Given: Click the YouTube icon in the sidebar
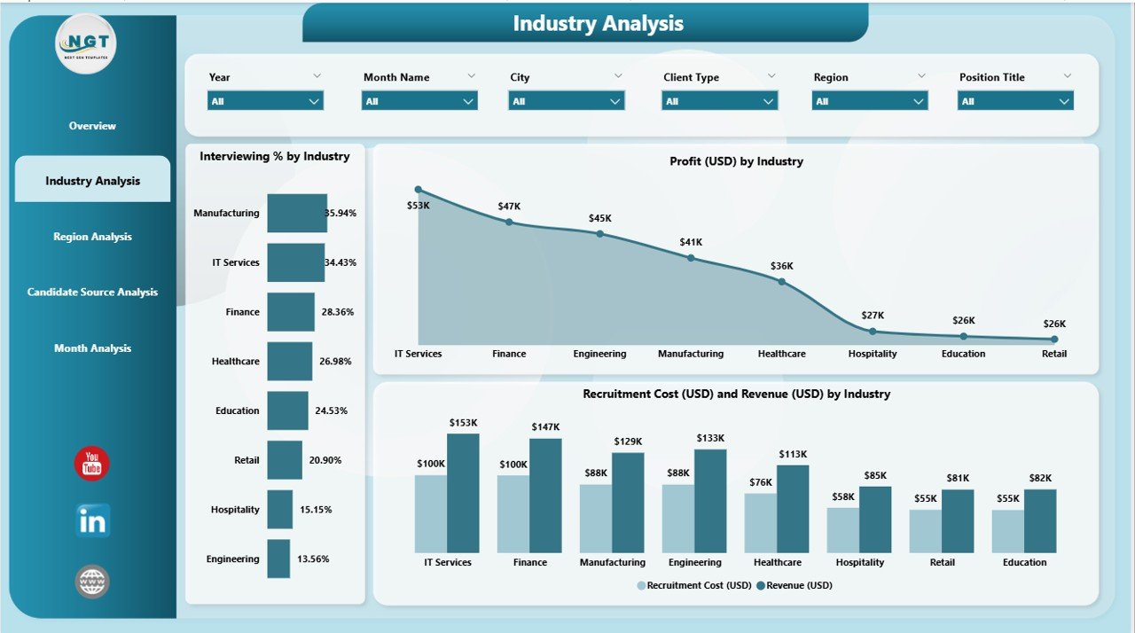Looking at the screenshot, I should (91, 464).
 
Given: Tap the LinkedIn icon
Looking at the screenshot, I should (92, 521).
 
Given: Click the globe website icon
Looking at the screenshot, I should (92, 582).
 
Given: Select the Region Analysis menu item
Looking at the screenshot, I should (92, 237).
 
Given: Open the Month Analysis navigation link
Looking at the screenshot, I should (92, 348).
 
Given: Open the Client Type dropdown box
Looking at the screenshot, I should (719, 101).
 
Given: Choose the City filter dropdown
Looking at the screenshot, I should (566, 101).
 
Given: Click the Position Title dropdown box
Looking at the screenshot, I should (1015, 101).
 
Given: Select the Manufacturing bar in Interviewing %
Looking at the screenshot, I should (297, 214).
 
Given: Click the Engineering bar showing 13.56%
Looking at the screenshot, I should (278, 559).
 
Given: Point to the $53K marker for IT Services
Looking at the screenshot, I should (419, 190).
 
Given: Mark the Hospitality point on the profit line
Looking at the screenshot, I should (873, 332).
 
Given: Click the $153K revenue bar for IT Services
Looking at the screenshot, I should (463, 494).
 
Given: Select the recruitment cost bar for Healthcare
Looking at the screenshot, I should (760, 523).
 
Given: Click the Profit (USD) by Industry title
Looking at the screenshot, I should (736, 161).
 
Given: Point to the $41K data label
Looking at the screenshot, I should (691, 242).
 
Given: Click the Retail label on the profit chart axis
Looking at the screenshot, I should (1054, 354).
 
